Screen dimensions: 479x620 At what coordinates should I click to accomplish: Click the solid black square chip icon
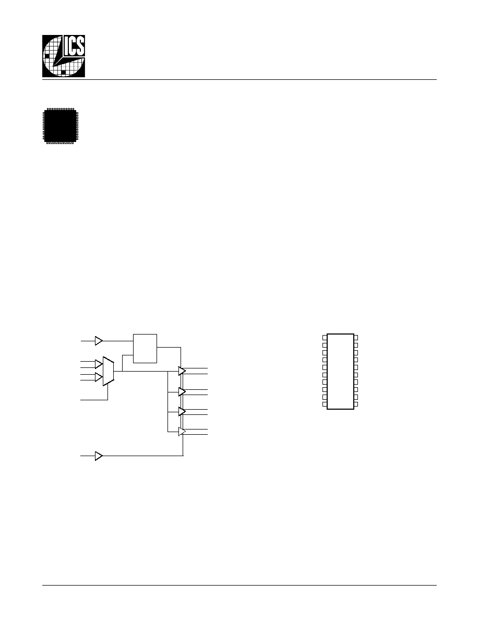pos(61,126)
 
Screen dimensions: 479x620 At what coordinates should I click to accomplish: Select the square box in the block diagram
pos(145,348)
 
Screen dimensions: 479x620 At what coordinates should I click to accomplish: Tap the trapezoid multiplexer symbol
pos(109,371)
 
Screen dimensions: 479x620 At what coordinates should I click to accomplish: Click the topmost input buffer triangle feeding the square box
pos(99,340)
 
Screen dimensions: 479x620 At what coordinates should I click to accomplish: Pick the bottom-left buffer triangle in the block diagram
pos(99,456)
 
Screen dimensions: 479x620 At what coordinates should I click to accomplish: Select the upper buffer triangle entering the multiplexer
pos(99,364)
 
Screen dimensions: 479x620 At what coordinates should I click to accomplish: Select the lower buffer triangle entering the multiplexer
pos(99,377)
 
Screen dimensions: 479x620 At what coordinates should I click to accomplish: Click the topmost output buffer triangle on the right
pos(182,371)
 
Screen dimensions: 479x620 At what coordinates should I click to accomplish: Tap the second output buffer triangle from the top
pos(182,392)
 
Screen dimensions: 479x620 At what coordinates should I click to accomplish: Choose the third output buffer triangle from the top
pos(182,412)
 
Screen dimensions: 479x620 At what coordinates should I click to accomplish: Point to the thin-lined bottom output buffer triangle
pos(182,432)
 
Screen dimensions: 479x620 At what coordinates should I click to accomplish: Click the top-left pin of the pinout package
pos(325,338)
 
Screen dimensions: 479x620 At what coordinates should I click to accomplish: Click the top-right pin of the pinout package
pos(356,338)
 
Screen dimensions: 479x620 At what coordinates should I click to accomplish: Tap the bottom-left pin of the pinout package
pos(325,404)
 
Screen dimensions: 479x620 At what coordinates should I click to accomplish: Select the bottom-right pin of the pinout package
pos(356,404)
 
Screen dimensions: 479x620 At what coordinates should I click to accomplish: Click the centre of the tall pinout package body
pos(340,371)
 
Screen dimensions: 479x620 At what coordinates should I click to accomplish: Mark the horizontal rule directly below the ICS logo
pos(239,79)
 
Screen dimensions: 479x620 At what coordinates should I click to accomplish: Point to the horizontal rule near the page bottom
pos(239,585)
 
